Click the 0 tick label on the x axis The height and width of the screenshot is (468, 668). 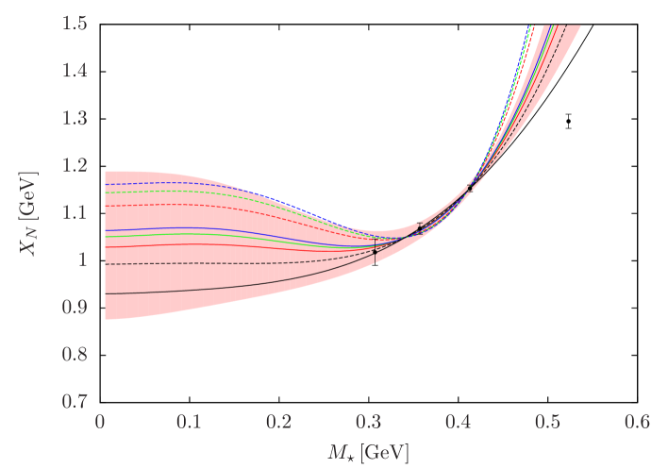point(101,422)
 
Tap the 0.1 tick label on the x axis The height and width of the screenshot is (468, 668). point(191,422)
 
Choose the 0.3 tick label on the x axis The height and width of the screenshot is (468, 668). point(370,422)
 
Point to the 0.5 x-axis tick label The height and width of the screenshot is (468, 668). point(549,422)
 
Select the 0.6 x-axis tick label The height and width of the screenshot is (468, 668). point(639,422)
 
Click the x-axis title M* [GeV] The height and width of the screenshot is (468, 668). point(371,452)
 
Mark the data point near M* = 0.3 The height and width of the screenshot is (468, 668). point(375,251)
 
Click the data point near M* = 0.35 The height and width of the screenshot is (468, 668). point(420,228)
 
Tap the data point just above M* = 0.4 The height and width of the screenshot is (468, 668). point(471,187)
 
